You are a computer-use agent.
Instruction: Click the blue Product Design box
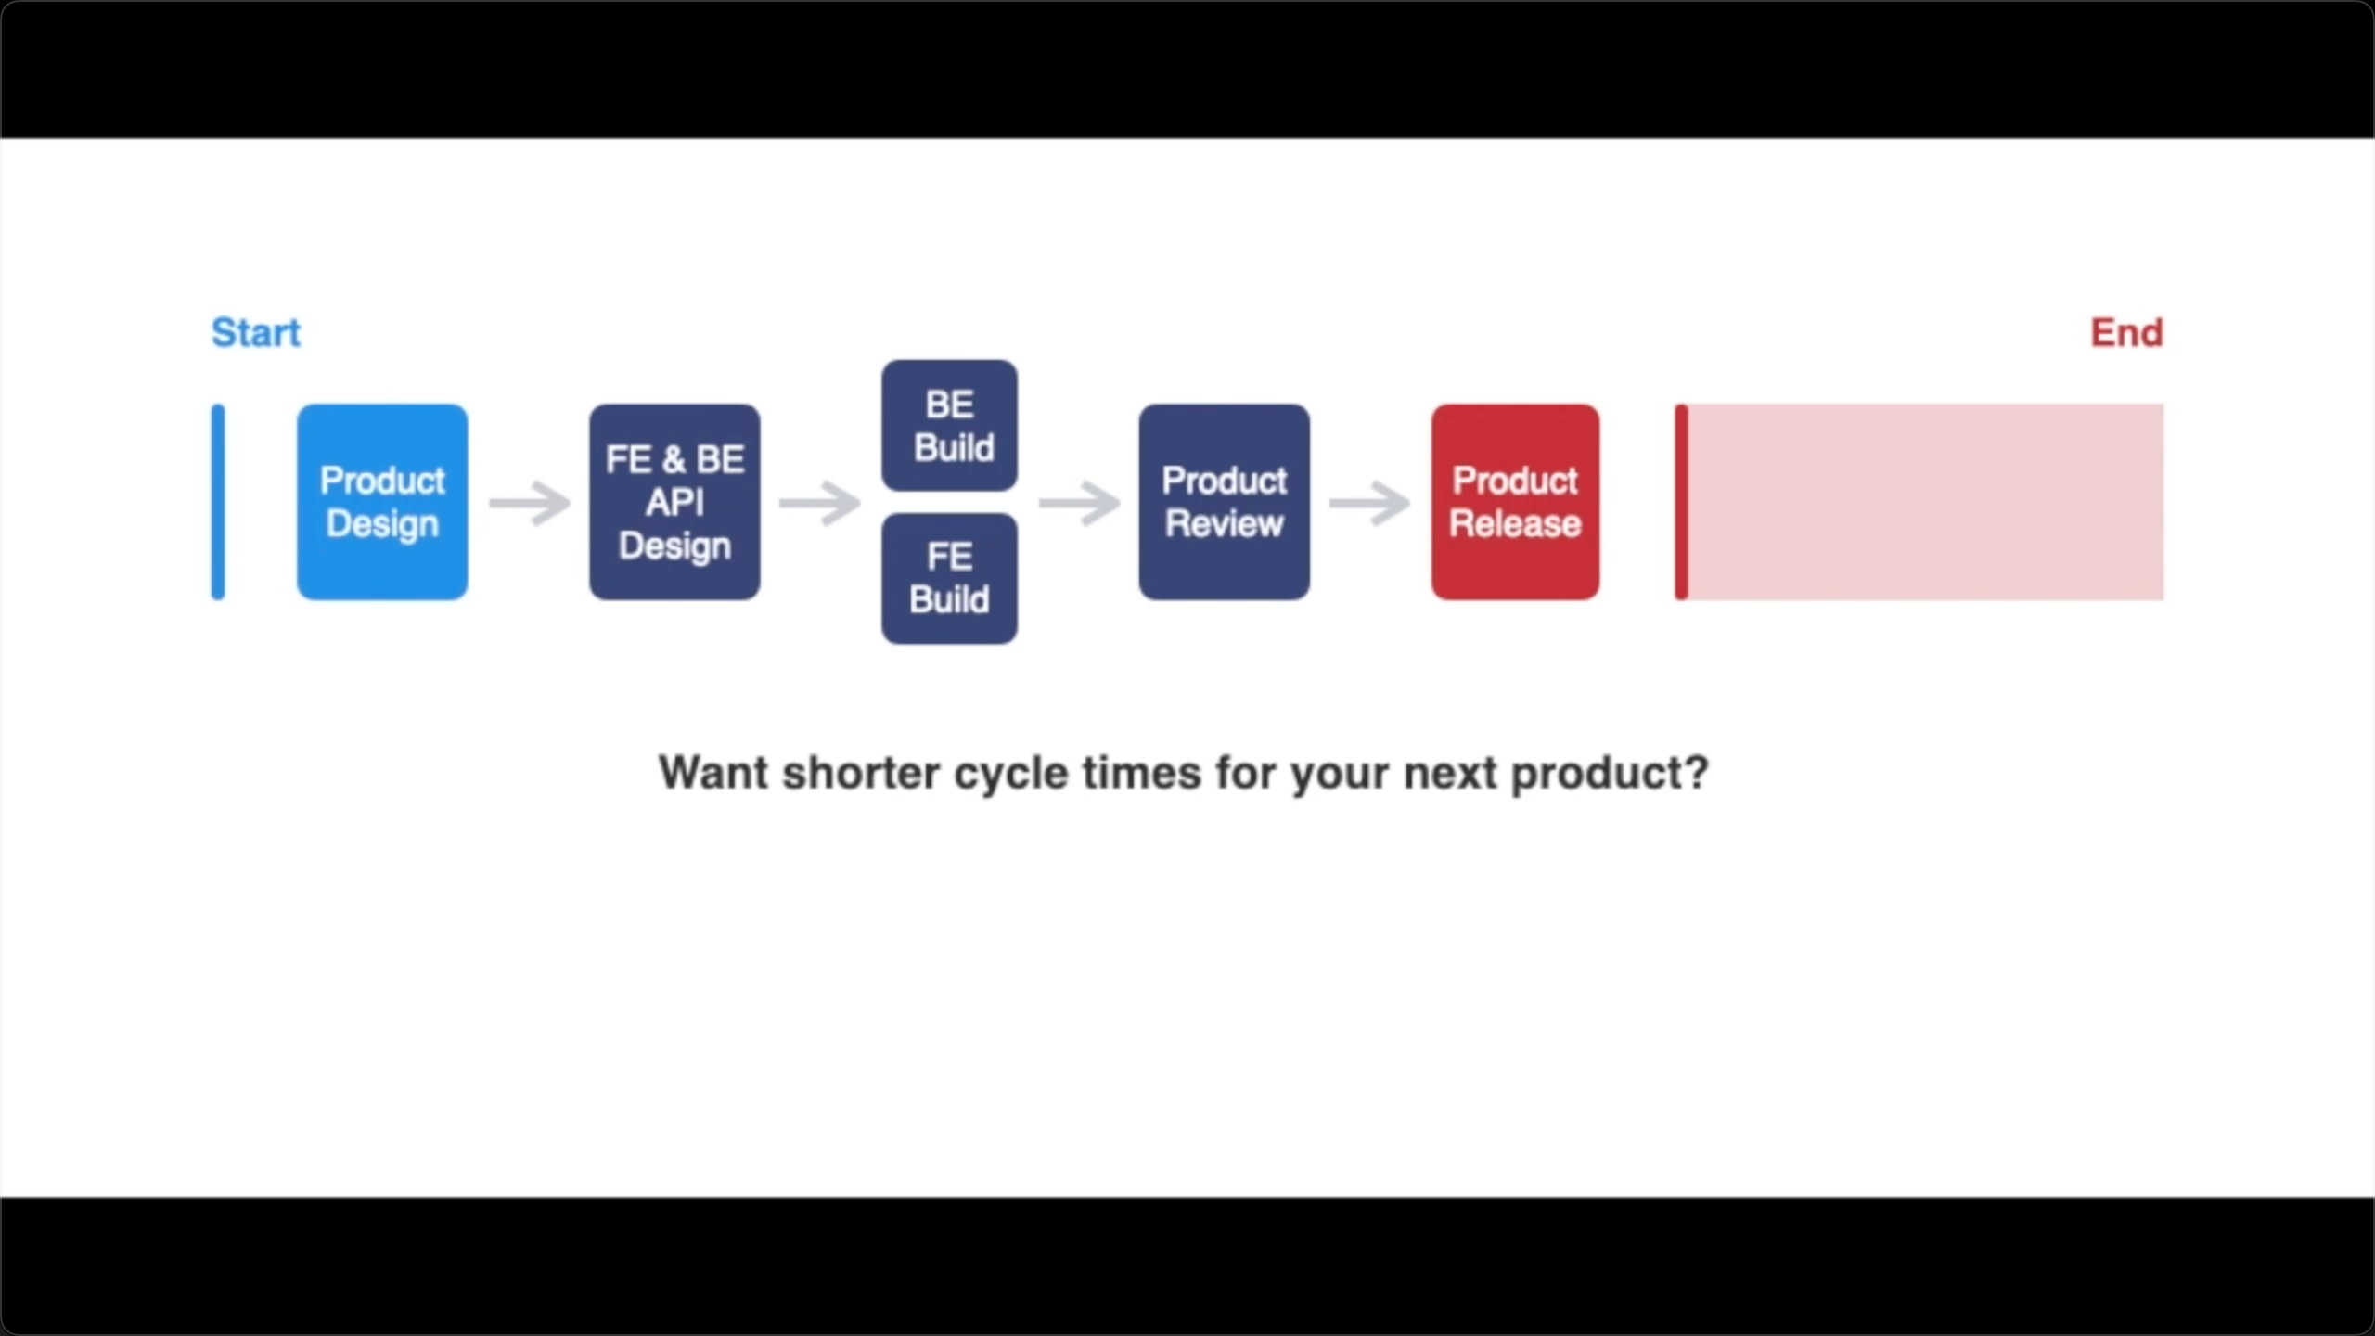point(382,502)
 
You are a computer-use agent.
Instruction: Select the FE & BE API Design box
point(674,502)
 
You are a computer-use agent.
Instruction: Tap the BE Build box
point(949,426)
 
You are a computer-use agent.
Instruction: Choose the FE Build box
point(949,578)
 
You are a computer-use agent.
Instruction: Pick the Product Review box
point(1224,502)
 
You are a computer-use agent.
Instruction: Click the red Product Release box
point(1515,502)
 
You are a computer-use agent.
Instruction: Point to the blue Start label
point(255,333)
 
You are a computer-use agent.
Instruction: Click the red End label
point(2126,333)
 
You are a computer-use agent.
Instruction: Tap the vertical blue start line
point(218,502)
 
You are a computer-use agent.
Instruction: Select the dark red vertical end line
point(1681,502)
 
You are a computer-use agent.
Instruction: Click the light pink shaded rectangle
point(1926,502)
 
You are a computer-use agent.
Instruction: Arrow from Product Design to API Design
point(530,503)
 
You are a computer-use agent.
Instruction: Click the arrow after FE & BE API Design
point(820,503)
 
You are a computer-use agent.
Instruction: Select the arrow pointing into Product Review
point(1079,503)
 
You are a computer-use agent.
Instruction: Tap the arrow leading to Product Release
point(1369,503)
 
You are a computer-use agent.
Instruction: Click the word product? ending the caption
point(1610,773)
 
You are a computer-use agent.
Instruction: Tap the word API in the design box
point(674,502)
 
